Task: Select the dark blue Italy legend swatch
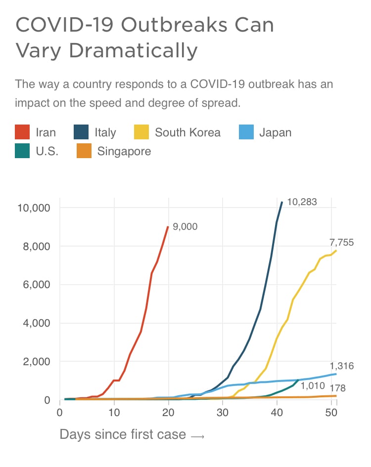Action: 81,132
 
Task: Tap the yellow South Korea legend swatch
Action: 141,132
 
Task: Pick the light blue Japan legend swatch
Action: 246,132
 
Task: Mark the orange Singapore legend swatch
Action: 84,151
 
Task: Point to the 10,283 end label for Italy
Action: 302,202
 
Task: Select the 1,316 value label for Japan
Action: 342,366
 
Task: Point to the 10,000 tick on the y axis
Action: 34,208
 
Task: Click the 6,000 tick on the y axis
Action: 37,285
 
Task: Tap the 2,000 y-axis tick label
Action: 37,362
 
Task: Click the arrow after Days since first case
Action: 197,436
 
